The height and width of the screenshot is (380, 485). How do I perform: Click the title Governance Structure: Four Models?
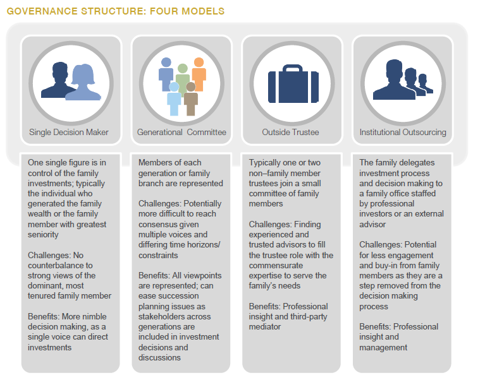(x=115, y=11)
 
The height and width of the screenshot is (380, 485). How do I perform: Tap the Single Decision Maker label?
(x=69, y=132)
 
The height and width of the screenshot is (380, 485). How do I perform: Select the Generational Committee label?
(x=181, y=132)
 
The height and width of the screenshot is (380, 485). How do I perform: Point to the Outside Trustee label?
(x=290, y=132)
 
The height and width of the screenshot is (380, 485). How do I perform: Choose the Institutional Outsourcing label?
(x=403, y=132)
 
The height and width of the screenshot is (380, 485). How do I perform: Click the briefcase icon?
(x=293, y=84)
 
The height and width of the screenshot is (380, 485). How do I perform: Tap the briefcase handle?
(x=293, y=68)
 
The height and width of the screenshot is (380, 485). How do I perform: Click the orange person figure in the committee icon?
(x=199, y=74)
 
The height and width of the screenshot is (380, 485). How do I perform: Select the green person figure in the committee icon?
(x=183, y=77)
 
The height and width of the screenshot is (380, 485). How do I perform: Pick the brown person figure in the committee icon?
(x=190, y=98)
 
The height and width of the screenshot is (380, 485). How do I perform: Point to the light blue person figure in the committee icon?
(x=174, y=98)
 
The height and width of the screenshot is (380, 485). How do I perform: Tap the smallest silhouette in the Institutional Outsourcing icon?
(x=425, y=83)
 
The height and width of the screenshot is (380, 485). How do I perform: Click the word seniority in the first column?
(x=43, y=235)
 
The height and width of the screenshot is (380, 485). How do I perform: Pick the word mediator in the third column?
(x=265, y=326)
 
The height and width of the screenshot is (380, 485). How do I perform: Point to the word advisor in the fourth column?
(x=372, y=225)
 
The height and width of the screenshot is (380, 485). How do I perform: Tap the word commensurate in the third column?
(x=276, y=266)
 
